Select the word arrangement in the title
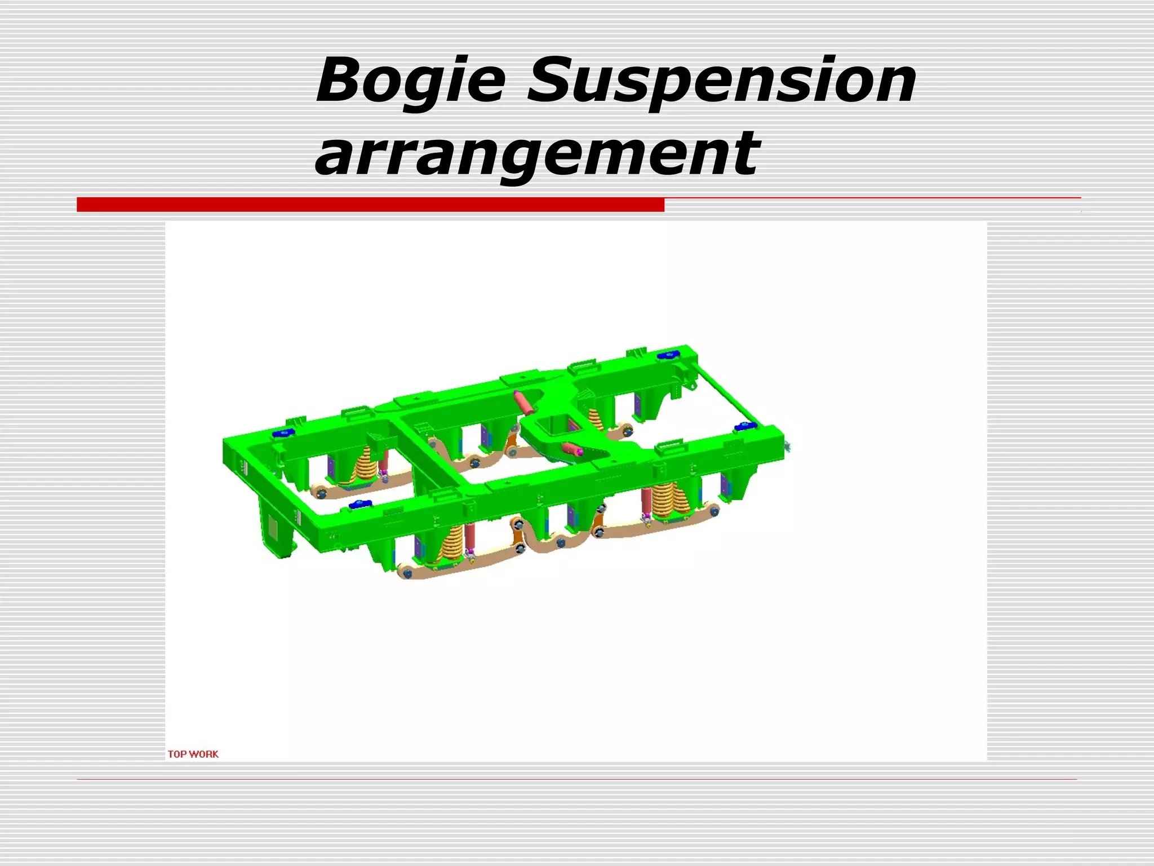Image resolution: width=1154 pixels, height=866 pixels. tap(538, 153)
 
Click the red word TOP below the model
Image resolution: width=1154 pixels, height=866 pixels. tap(177, 754)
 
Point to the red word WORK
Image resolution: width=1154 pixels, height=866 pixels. tap(203, 754)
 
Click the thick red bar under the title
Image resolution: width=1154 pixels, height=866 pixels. tap(370, 205)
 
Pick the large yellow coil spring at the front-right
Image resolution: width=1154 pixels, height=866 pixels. tap(669, 499)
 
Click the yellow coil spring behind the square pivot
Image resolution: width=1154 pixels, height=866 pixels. tap(595, 419)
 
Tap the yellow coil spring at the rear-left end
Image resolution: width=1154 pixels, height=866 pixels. tap(365, 465)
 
